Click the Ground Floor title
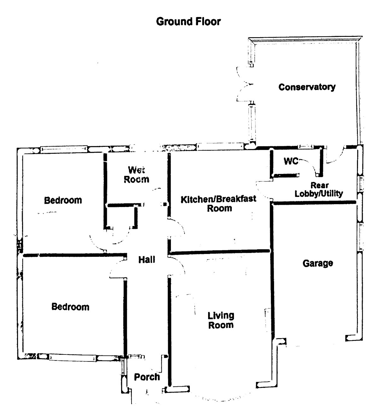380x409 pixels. click(188, 22)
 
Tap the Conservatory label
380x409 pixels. click(307, 87)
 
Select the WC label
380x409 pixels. click(290, 161)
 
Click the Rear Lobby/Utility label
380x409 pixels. click(319, 189)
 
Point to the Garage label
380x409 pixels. click(318, 263)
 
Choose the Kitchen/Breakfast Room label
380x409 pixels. click(219, 204)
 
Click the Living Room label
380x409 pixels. click(221, 320)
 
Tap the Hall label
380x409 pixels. click(147, 260)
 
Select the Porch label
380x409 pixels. click(147, 377)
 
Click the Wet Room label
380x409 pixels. click(136, 175)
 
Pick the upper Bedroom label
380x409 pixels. click(63, 200)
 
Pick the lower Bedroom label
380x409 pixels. click(70, 307)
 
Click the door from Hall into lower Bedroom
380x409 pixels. click(117, 271)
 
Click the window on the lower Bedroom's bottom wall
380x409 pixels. click(73, 358)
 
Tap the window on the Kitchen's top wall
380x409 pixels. click(221, 146)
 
